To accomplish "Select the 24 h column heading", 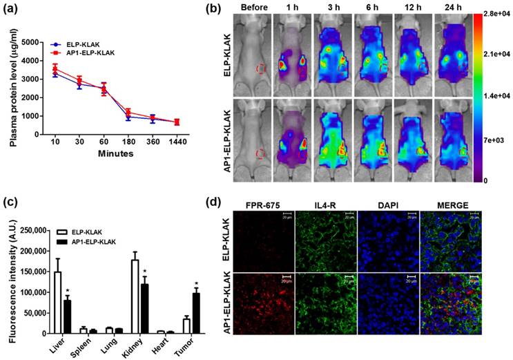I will (452, 10).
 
